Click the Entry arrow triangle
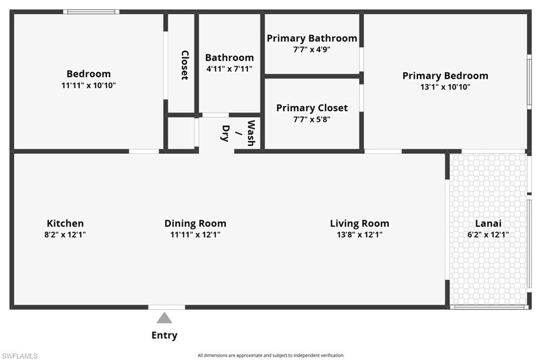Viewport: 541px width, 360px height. pos(164,318)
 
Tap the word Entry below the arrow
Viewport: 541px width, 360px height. pos(164,335)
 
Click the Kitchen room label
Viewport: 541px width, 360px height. pos(65,224)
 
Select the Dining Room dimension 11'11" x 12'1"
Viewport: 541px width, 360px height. pos(195,235)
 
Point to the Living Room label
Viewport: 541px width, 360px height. pos(359,224)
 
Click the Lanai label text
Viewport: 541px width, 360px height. pos(489,224)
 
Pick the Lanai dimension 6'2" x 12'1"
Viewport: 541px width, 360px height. pos(489,235)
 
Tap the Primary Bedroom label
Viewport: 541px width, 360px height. pos(445,76)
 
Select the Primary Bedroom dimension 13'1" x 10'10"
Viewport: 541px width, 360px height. pos(445,87)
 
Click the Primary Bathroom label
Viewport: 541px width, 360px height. pos(312,38)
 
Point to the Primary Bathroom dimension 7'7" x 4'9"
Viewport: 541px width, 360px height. pos(312,49)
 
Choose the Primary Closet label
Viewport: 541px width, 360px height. pos(312,108)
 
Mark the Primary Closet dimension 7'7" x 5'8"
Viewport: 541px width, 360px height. pos(312,119)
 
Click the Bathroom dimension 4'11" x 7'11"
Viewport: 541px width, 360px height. pos(229,69)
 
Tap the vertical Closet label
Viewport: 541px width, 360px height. pos(184,65)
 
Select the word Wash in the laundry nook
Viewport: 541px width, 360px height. pos(251,133)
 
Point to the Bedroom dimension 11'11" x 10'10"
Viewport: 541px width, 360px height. pos(88,85)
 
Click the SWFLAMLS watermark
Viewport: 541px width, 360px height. pos(20,356)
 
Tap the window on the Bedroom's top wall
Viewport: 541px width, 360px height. pos(91,12)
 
